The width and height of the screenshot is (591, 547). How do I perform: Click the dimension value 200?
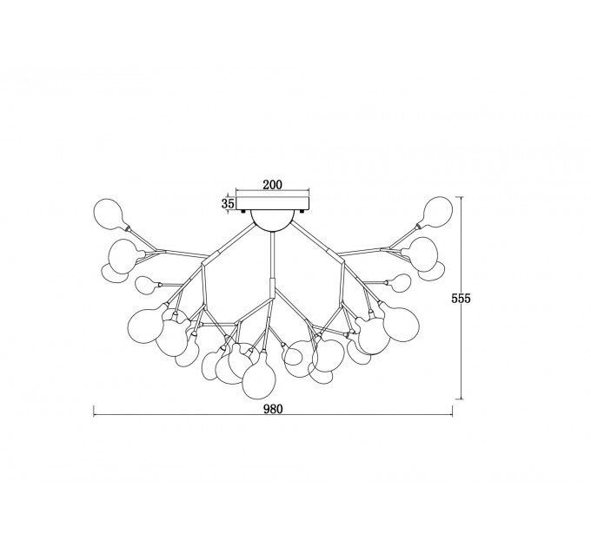tap(273, 184)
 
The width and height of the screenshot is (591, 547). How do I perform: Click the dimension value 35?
tap(228, 204)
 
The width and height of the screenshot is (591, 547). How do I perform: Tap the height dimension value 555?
tap(461, 298)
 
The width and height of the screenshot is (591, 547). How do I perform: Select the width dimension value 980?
tap(273, 409)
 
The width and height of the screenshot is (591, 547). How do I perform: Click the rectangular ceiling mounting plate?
tap(273, 204)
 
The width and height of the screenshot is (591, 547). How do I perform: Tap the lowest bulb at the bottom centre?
tap(259, 377)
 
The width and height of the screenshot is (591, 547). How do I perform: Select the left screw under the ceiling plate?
tap(243, 212)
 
